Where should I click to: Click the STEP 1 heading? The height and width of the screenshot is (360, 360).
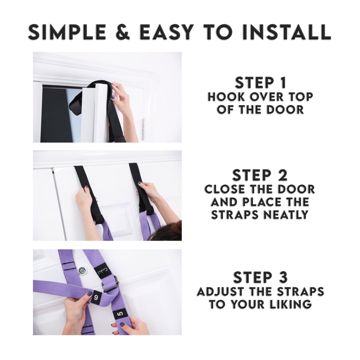point(261,83)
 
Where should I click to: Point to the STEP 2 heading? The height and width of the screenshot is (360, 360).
point(260,175)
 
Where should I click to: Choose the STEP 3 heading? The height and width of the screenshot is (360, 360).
point(261,277)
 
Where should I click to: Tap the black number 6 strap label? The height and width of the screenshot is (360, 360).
point(96,297)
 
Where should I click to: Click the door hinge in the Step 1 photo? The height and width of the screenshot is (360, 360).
point(144,129)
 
